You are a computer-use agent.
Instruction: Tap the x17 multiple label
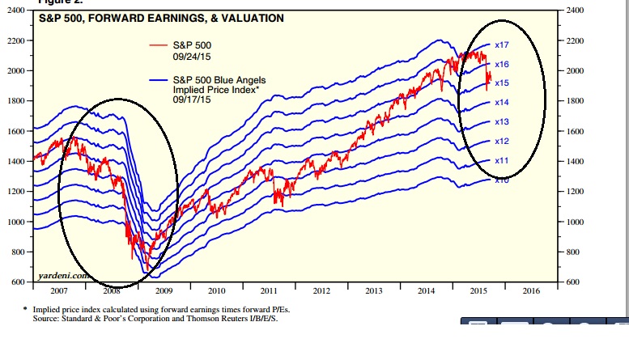[501, 45]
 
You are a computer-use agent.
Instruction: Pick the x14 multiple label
[501, 103]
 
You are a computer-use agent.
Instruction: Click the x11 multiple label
[501, 161]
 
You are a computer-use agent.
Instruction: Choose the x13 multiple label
[501, 122]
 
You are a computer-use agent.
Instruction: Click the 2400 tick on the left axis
[16, 10]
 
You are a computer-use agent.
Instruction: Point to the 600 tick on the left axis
[19, 282]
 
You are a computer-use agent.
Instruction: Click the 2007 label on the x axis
[59, 290]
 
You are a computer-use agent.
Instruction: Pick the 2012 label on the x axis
[321, 290]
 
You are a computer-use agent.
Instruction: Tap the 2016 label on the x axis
[531, 290]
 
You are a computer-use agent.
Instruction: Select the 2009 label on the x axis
[164, 290]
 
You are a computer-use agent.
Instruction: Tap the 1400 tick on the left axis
[17, 161]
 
